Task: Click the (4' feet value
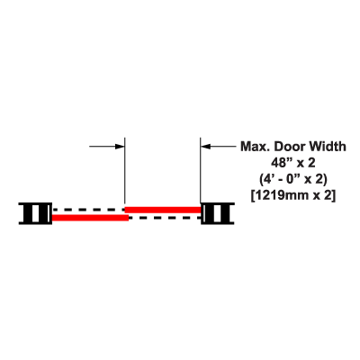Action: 265,179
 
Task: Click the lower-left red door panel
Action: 90,218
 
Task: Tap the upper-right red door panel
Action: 163,210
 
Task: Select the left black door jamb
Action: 35,213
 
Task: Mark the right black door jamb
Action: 218,213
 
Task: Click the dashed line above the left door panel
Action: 89,210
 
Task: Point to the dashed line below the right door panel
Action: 165,218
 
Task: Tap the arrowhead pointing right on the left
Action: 120,147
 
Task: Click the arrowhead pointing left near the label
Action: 205,147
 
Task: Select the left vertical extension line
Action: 124,170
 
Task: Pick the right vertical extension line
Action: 201,170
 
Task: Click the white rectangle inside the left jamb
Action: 35,213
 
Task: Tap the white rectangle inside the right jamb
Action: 217,213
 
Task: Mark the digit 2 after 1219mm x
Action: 328,195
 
